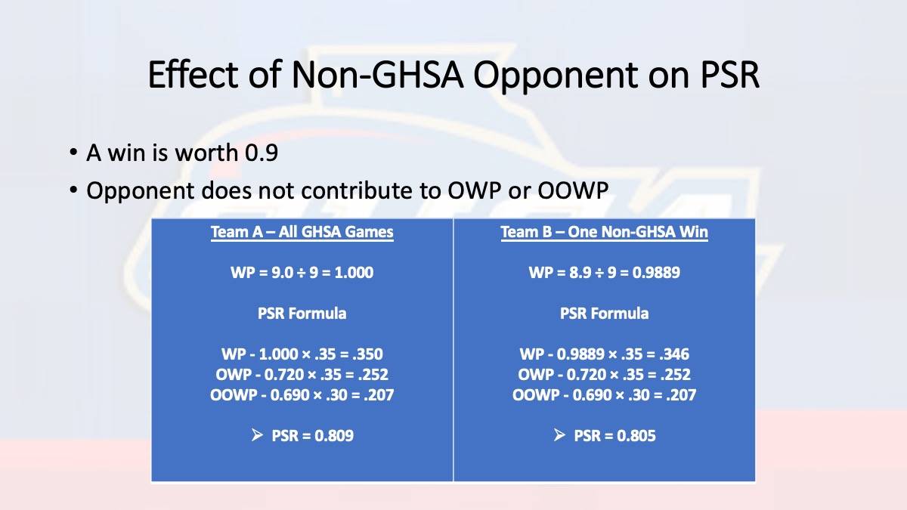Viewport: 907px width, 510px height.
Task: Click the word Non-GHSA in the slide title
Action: tap(377, 75)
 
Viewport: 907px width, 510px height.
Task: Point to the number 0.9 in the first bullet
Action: tap(262, 153)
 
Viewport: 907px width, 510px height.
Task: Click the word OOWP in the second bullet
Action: tap(573, 190)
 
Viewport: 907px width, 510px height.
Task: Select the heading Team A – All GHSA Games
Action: tap(302, 233)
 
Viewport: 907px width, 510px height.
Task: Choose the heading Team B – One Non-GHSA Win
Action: tap(604, 233)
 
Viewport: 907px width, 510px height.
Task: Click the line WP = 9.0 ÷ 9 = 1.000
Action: tap(302, 273)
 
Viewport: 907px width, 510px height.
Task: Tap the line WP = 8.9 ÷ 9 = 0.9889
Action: tap(604, 273)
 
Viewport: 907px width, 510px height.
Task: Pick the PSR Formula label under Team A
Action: tap(302, 314)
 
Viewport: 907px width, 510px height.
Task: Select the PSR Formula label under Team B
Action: tap(604, 314)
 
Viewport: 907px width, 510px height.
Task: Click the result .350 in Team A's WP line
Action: tap(367, 354)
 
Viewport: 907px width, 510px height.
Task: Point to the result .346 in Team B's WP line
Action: tap(673, 354)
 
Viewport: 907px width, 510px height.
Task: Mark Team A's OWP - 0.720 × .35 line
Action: tap(302, 375)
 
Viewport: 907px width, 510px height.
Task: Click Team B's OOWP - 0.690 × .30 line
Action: tap(604, 394)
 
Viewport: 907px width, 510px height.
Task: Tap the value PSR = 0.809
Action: tap(313, 435)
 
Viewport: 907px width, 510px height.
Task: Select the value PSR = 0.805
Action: tap(614, 435)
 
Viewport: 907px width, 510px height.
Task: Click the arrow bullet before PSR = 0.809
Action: tap(257, 435)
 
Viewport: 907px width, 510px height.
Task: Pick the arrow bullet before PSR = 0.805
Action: tap(559, 435)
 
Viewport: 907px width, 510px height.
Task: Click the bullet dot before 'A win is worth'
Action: tap(73, 153)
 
